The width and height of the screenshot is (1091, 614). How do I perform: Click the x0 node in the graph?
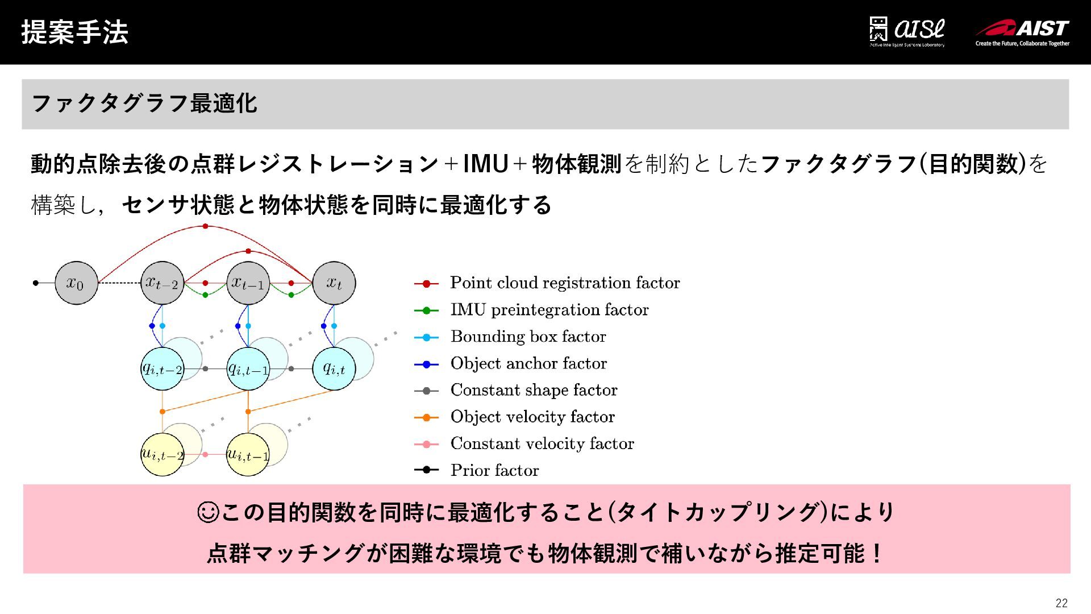point(76,283)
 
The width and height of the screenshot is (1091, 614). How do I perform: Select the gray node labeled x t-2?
point(163,283)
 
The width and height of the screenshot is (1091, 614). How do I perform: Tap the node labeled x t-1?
point(248,283)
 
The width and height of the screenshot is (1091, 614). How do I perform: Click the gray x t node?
point(334,283)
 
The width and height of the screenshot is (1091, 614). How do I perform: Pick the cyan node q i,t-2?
point(163,369)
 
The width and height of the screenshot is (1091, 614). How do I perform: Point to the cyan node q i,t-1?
point(248,369)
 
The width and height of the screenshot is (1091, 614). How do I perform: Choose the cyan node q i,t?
point(334,369)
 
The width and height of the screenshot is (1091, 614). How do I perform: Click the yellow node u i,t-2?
point(163,454)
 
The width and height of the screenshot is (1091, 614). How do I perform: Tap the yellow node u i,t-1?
point(248,454)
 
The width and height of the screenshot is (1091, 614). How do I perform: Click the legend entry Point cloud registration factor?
point(565,283)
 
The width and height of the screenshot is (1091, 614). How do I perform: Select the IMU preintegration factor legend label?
point(549,310)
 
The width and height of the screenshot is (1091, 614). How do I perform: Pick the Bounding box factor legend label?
point(528,337)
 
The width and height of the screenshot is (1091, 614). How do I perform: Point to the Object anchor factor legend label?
point(528,363)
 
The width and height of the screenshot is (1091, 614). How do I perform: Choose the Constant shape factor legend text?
point(534,390)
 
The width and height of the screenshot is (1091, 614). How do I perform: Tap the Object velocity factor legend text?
point(532,417)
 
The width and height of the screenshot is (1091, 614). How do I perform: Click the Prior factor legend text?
point(494,470)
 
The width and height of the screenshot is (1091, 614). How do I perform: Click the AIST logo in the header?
point(1022,32)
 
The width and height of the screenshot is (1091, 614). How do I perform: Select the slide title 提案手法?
point(74,32)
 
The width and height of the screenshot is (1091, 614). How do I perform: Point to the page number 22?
point(1061,603)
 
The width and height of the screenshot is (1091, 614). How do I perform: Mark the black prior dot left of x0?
point(36,283)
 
